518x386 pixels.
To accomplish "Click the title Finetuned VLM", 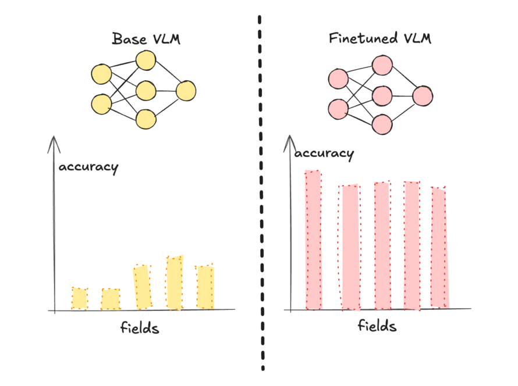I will click(x=381, y=39).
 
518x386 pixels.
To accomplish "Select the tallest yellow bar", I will click(x=175, y=283).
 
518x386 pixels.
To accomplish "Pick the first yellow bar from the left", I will click(x=79, y=298).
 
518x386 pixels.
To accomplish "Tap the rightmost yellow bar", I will click(x=205, y=287).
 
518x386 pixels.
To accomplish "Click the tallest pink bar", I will click(x=313, y=240).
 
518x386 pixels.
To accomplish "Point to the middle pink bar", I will click(x=382, y=245).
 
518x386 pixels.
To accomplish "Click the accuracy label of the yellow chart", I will click(x=88, y=167).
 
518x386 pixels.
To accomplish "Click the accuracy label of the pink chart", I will click(x=324, y=153).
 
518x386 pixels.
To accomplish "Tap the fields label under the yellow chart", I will click(x=140, y=328).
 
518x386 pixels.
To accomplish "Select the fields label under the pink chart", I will click(x=377, y=326).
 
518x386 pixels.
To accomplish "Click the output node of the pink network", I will click(x=423, y=96).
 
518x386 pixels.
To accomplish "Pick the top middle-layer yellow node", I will click(x=146, y=60).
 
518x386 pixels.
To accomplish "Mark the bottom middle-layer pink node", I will click(x=382, y=124).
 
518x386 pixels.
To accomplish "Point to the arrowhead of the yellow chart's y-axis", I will click(x=54, y=140).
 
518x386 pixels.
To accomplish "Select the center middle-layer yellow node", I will click(x=146, y=90).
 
